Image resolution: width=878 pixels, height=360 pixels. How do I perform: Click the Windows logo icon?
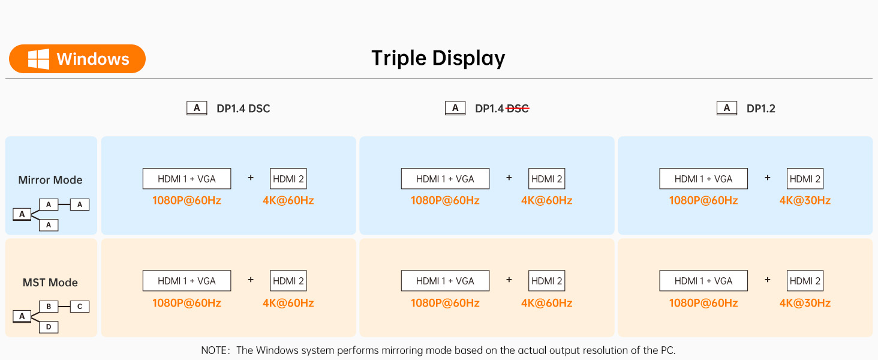coord(38,59)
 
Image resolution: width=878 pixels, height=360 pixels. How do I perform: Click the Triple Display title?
coord(438,58)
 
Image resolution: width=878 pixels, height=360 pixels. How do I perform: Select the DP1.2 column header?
coord(760,109)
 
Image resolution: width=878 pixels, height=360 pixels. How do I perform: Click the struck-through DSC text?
coord(518,109)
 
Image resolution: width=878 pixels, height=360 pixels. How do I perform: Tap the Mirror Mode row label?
coord(50,180)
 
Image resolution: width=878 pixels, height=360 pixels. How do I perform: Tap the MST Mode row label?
coord(50,283)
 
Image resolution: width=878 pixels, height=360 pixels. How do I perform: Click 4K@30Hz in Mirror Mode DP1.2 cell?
coord(805,200)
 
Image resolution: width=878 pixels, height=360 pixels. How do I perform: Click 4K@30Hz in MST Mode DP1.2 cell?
coord(805,303)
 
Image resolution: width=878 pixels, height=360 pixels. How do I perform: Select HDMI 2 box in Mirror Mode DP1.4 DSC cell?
coord(288,179)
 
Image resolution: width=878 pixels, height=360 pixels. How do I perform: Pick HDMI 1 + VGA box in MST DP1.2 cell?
coord(703,281)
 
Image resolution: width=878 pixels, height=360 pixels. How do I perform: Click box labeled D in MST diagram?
coord(49,327)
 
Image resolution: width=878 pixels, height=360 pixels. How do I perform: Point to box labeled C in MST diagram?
coord(80,307)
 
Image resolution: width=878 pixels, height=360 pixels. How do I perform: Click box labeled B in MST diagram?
coord(49,307)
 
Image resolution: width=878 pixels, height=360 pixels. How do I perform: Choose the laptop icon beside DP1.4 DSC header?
coord(197,108)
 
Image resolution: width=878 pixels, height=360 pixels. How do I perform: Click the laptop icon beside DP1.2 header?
coord(726,108)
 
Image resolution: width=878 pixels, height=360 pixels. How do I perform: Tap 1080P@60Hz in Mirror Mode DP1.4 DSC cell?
coord(187,200)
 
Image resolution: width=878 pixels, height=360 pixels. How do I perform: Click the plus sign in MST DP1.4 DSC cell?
coord(251,280)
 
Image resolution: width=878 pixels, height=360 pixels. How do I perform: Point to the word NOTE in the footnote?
coord(214,350)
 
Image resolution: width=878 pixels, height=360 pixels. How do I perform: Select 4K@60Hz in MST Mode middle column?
coord(546,303)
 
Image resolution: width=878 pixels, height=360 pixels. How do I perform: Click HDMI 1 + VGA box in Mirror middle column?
coord(445,179)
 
